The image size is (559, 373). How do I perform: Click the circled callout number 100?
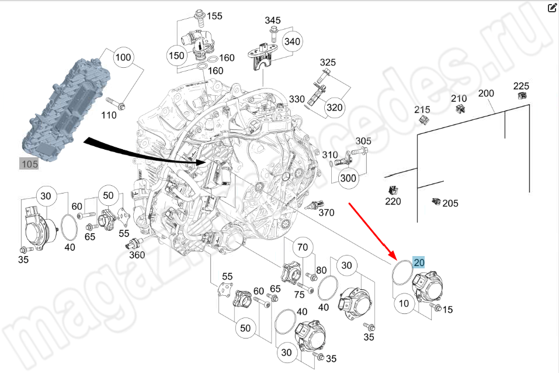click(123, 58)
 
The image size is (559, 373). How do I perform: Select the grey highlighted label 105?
click(29, 164)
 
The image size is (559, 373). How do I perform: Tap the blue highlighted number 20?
click(419, 263)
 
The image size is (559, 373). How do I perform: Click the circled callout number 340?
click(292, 42)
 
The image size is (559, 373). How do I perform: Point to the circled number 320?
click(334, 108)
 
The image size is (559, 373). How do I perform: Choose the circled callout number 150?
click(176, 56)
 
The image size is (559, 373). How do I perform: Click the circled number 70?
click(302, 247)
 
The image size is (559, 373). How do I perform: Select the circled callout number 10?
click(404, 303)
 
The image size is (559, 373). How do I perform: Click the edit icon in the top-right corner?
click(551, 8)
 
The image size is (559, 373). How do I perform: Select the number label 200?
click(486, 94)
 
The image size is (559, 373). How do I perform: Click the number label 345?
click(273, 20)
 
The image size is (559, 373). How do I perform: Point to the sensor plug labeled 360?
click(129, 245)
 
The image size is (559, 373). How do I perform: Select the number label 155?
click(214, 16)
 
